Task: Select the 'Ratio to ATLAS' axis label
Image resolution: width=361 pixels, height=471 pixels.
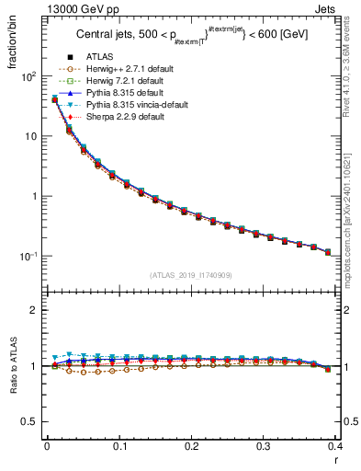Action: [x=10, y=368]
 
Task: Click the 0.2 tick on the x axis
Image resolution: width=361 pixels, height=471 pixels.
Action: [x=191, y=446]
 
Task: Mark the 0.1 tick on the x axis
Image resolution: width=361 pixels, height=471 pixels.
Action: [x=119, y=446]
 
